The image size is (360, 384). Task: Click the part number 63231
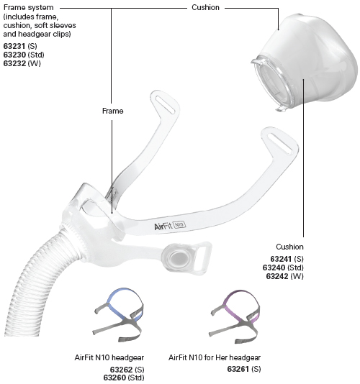(14, 46)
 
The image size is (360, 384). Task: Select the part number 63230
(14, 55)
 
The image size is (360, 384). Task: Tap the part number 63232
(14, 63)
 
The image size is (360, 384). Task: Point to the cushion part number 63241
(281, 259)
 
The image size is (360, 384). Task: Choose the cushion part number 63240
(274, 268)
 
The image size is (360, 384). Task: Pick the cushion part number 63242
(277, 276)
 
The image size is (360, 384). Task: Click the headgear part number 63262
(121, 370)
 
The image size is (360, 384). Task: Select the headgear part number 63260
(114, 378)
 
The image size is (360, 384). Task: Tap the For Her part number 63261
(238, 369)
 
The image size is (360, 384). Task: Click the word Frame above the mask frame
(112, 111)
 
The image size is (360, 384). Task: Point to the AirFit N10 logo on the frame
(170, 226)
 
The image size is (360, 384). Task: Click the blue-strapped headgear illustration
(118, 315)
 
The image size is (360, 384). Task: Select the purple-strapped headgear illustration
(235, 316)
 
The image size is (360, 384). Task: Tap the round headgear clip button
(175, 257)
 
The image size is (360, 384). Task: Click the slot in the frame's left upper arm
(166, 104)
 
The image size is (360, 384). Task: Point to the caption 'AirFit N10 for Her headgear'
(215, 357)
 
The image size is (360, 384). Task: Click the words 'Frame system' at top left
(29, 8)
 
